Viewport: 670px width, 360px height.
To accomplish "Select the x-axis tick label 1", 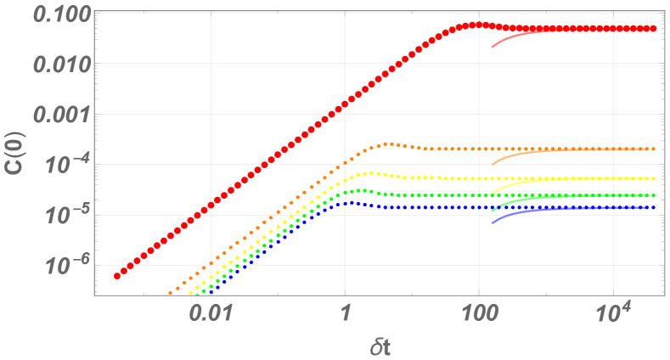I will [x=345, y=313].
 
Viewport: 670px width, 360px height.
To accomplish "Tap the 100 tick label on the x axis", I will [x=478, y=313].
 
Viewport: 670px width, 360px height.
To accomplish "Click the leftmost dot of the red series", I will [x=117, y=276].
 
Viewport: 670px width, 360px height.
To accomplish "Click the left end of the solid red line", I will [x=492, y=47].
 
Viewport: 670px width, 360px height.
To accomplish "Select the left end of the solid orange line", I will [x=492, y=165].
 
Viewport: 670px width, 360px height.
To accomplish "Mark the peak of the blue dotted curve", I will [x=348, y=202].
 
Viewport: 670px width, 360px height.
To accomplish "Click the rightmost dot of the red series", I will [x=653, y=28].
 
